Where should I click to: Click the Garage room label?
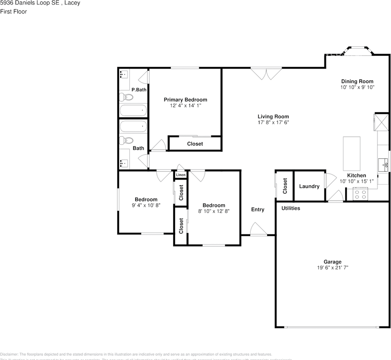[x=332, y=262]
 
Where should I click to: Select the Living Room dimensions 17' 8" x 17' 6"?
[x=273, y=122]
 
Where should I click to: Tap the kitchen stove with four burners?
[x=361, y=194]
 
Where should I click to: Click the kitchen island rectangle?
[x=352, y=154]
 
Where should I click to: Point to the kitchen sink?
[x=383, y=164]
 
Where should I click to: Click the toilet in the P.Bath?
[x=126, y=97]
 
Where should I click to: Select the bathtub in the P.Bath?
[x=133, y=111]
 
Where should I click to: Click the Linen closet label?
[x=180, y=175]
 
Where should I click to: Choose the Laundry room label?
[x=309, y=186]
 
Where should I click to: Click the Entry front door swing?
[x=257, y=229]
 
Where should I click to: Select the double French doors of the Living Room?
[x=266, y=73]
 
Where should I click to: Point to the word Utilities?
[x=291, y=208]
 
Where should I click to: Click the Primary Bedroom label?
[x=185, y=100]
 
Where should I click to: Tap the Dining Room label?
[x=357, y=81]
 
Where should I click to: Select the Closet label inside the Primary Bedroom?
[x=195, y=144]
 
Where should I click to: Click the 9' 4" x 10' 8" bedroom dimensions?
[x=146, y=205]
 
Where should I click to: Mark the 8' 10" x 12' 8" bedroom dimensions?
[x=214, y=211]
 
